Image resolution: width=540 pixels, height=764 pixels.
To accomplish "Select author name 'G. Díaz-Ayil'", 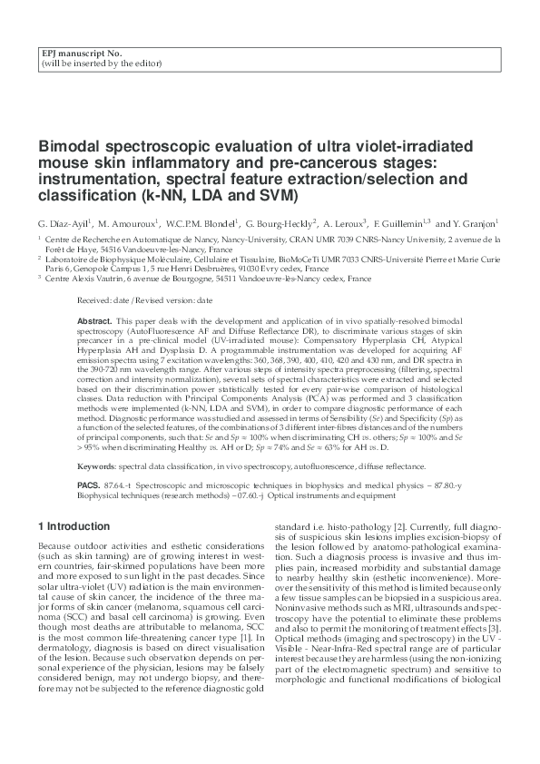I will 63,222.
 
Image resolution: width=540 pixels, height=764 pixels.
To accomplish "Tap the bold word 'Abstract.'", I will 95,321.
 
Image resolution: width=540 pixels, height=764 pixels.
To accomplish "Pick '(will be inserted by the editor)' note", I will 102,64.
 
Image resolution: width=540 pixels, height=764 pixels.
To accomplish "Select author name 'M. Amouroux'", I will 127,222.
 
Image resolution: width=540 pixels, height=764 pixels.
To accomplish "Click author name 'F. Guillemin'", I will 398,222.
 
